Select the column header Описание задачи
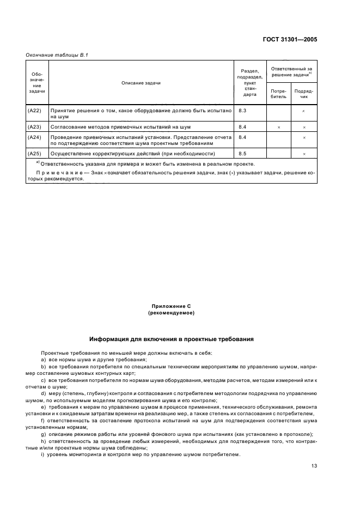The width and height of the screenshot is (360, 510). click(x=141, y=83)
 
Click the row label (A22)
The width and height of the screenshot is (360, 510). click(x=34, y=111)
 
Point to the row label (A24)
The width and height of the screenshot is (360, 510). click(x=34, y=137)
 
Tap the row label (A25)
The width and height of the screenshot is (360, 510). click(x=34, y=154)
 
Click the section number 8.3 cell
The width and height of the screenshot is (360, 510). click(x=243, y=111)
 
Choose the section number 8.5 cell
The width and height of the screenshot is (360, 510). click(x=243, y=154)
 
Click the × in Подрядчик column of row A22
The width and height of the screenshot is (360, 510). click(x=304, y=111)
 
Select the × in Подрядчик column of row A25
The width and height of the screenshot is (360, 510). click(x=304, y=154)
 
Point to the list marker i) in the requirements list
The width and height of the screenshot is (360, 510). click(x=42, y=456)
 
